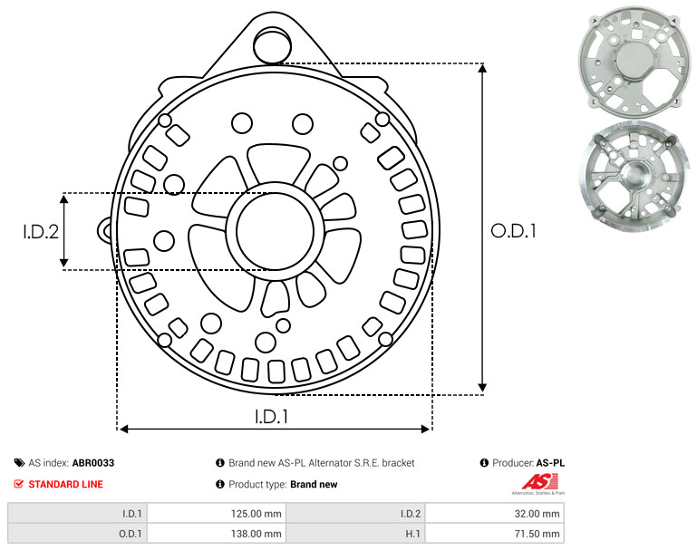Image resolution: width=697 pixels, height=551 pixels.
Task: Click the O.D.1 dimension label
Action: coord(513,231)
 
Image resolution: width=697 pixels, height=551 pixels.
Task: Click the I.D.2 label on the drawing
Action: coord(41,232)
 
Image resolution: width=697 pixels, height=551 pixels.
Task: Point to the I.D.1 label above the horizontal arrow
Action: coord(272,417)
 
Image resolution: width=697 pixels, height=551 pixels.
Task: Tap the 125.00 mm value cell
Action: coord(217,514)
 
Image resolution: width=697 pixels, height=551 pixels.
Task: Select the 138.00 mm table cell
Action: coord(217,534)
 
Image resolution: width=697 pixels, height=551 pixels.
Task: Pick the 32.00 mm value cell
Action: coord(495,514)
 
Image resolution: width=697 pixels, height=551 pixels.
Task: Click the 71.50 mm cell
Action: coord(495,534)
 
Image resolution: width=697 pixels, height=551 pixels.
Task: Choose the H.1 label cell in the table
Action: coord(355,534)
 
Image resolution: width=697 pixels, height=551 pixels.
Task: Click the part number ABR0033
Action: coord(93,463)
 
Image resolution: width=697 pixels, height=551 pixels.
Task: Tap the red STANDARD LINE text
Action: coord(66,484)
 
